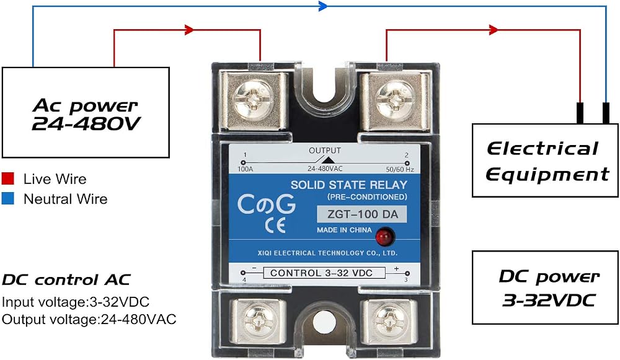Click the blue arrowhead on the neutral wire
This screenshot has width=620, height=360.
point(323,6)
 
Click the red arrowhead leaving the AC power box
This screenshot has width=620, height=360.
point(189,30)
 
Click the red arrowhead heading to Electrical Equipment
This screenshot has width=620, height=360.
point(494,30)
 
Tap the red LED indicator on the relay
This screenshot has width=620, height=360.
point(384,237)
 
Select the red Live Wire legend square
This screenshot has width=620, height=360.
point(8,178)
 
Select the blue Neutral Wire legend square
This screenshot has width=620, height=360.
point(8,198)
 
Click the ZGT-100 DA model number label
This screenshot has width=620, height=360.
point(362,214)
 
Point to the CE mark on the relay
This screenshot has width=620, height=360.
point(275,226)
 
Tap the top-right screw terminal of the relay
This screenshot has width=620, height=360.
point(395,100)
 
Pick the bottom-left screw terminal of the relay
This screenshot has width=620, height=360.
point(258,321)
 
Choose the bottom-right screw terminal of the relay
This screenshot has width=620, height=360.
point(389,321)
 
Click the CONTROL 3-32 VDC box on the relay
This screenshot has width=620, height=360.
point(324,273)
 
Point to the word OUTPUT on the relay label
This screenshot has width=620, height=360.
point(325,151)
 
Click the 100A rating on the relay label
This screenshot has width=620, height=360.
point(245,169)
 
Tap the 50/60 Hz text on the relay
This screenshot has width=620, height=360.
point(400,170)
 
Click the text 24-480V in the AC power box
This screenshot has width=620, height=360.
point(86,124)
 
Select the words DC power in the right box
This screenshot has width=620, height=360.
point(549,276)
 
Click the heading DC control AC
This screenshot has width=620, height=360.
point(66,280)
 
